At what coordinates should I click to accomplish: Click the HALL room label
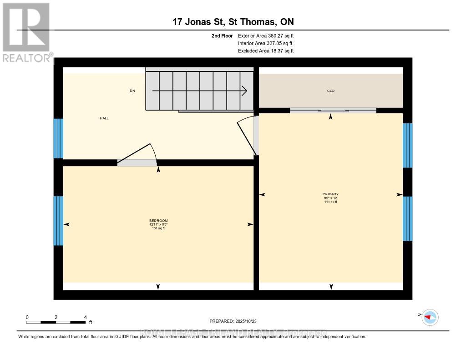click(x=104, y=118)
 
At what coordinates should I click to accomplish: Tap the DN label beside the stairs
click(x=132, y=91)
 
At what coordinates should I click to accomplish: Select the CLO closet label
click(x=331, y=91)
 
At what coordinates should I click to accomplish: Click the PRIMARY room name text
click(x=331, y=194)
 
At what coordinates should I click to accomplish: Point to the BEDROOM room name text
click(x=158, y=220)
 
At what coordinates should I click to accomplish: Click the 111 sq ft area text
click(x=331, y=202)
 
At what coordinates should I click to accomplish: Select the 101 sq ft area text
click(x=158, y=228)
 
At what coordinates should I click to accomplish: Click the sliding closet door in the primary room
click(x=333, y=110)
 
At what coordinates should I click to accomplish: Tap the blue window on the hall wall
click(x=58, y=138)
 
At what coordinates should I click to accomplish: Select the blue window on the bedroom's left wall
click(x=58, y=221)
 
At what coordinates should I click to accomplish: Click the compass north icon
click(x=430, y=317)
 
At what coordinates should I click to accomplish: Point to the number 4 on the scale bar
click(x=85, y=317)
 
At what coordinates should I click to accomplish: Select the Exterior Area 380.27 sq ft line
click(x=266, y=35)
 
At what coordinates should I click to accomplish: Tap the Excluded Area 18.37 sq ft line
click(x=266, y=51)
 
